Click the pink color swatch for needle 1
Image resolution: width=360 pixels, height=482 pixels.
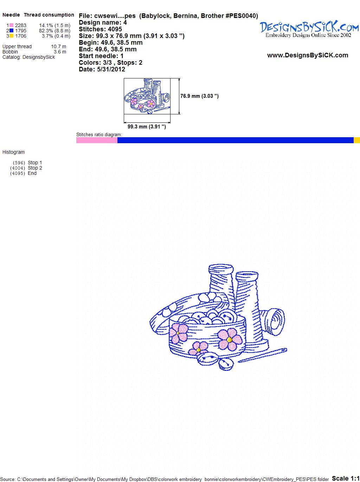[x=11, y=25]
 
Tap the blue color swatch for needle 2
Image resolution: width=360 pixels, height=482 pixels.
[x=11, y=31]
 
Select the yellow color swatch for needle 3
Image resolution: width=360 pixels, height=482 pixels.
[x=11, y=36]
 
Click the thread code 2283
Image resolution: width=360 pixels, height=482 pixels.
[x=21, y=25]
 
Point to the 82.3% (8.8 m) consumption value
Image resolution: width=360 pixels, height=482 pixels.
[x=54, y=31]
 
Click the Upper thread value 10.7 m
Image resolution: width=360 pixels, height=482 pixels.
[x=59, y=46]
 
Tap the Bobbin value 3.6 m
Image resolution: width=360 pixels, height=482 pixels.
[x=60, y=52]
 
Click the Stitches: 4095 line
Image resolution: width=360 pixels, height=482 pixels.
[x=100, y=29]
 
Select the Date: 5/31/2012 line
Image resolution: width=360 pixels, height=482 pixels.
[x=102, y=69]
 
